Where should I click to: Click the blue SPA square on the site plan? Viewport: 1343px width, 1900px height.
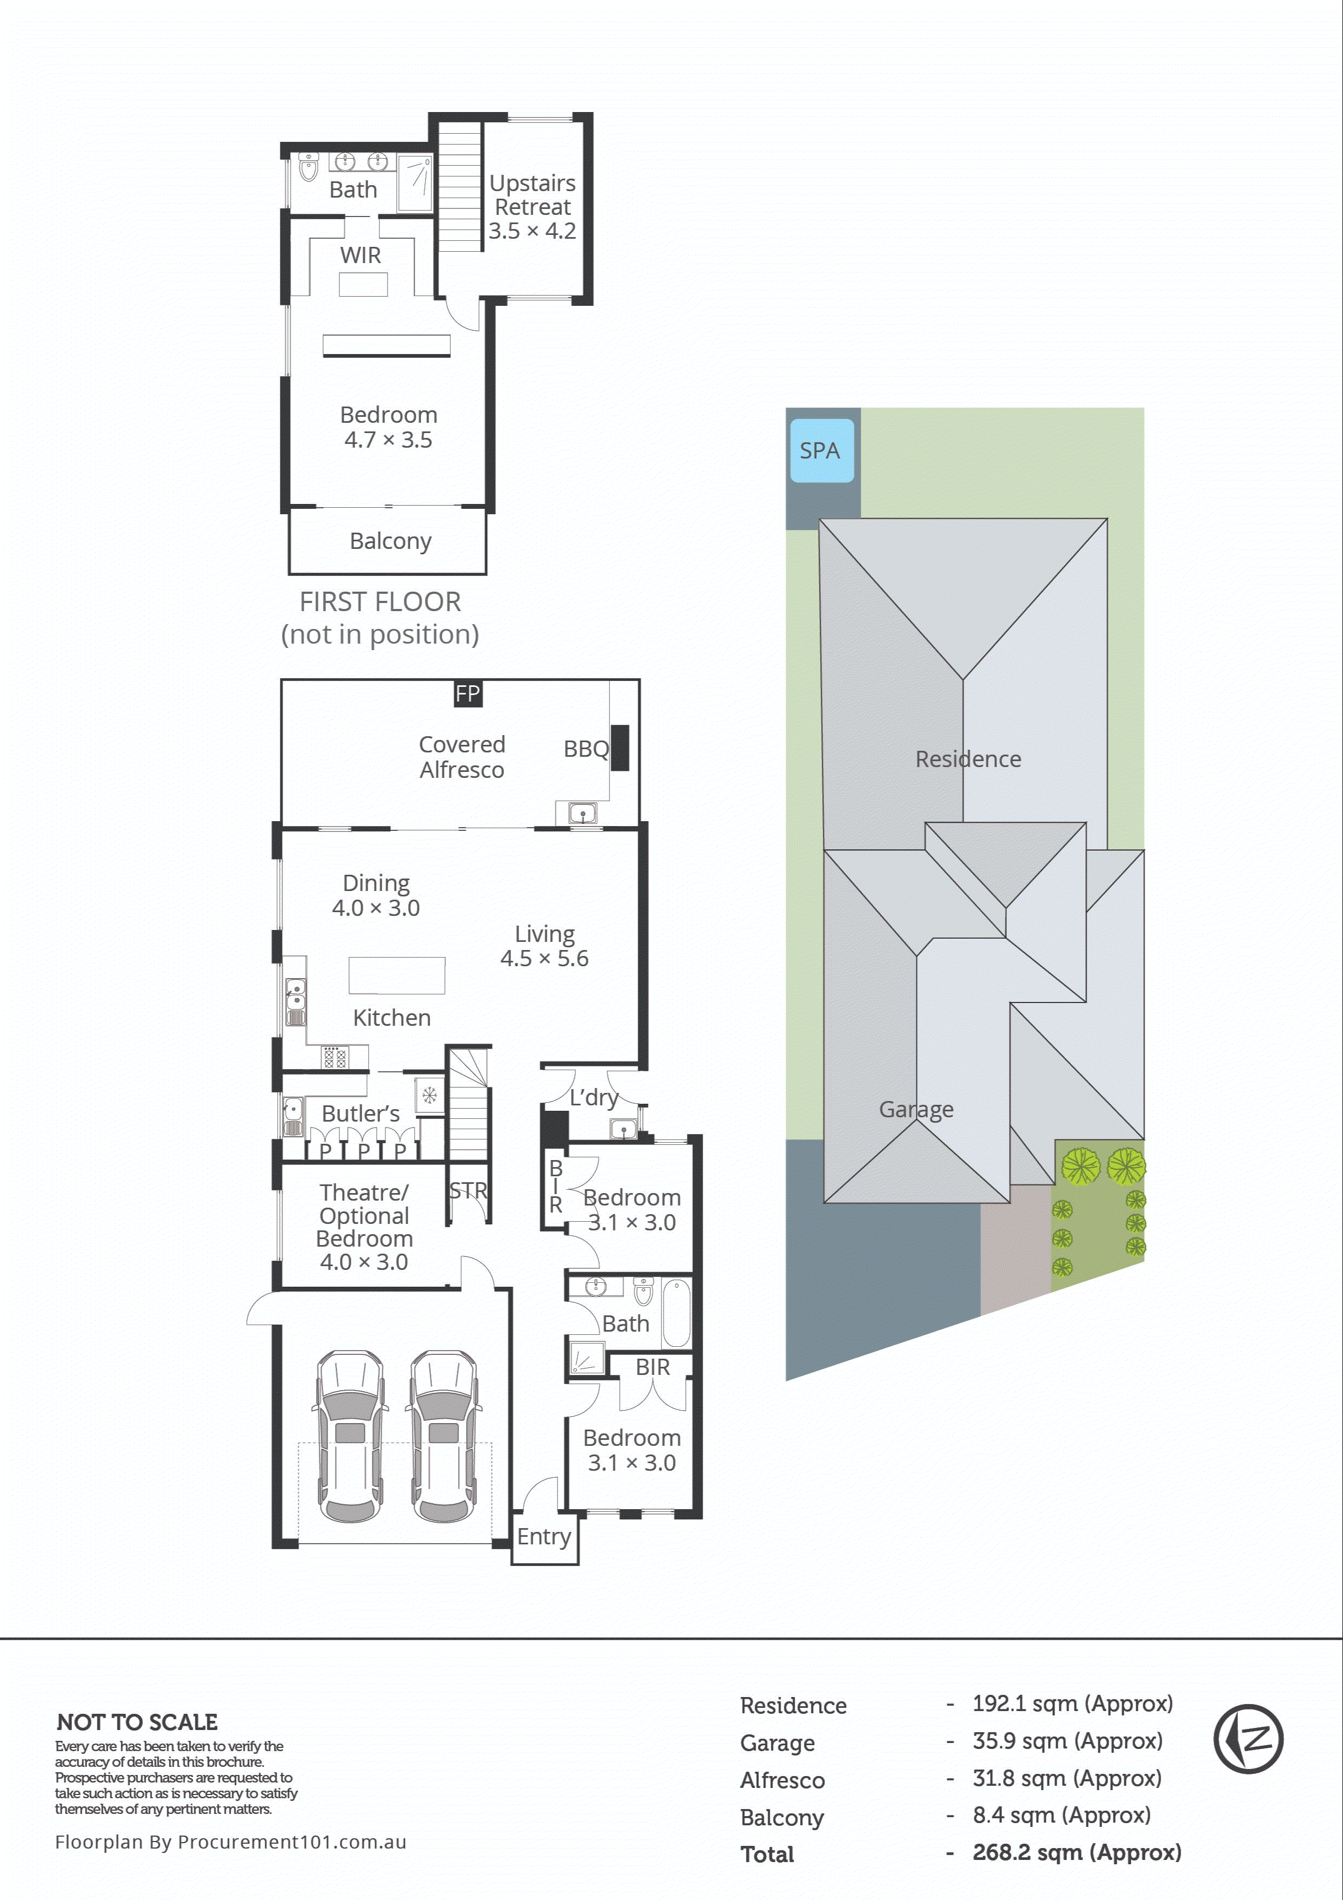pyautogui.click(x=821, y=450)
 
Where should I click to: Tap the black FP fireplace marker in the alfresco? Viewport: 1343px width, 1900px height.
pyautogui.click(x=468, y=693)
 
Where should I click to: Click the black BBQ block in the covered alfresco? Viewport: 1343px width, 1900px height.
pyautogui.click(x=620, y=748)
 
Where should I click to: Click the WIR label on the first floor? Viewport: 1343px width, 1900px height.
pyautogui.click(x=361, y=255)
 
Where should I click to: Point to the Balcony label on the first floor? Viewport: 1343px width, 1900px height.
pyautogui.click(x=391, y=541)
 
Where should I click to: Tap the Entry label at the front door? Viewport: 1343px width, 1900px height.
pyautogui.click(x=543, y=1537)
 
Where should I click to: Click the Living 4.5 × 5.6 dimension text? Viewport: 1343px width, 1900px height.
pyautogui.click(x=545, y=958)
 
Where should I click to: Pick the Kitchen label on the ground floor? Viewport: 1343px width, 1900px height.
pyautogui.click(x=391, y=1018)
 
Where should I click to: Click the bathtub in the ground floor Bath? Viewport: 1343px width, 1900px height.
pyautogui.click(x=675, y=1313)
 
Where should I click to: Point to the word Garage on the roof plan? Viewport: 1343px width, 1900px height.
pyautogui.click(x=916, y=1110)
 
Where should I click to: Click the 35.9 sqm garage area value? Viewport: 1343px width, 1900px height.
pyautogui.click(x=1067, y=1741)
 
